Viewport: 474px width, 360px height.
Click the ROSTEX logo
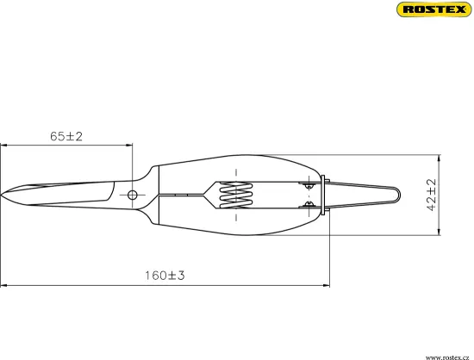click(x=434, y=9)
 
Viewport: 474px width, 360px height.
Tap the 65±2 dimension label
click(x=66, y=136)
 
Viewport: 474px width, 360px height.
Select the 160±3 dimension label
click(x=165, y=276)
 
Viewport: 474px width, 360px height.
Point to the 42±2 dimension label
click(x=432, y=195)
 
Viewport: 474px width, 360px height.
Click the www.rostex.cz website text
click(x=447, y=357)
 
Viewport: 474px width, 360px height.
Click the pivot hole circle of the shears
click(x=133, y=195)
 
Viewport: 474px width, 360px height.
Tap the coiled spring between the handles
click(x=236, y=195)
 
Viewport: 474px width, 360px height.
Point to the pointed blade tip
click(x=1, y=196)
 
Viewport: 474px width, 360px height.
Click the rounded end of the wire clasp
click(x=399, y=196)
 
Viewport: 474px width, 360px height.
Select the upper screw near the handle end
click(x=309, y=185)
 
